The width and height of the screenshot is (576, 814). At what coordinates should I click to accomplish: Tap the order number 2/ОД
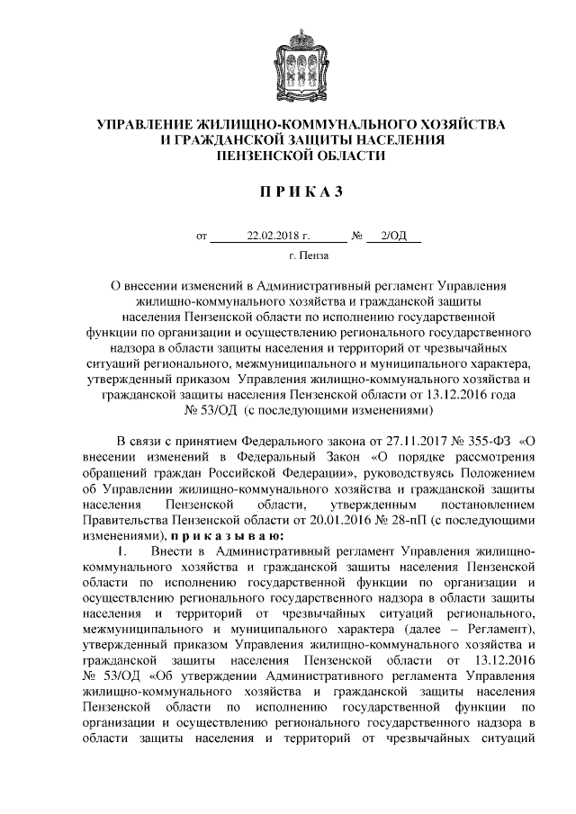click(x=394, y=237)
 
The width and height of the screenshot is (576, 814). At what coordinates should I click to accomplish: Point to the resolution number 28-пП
click(x=406, y=519)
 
